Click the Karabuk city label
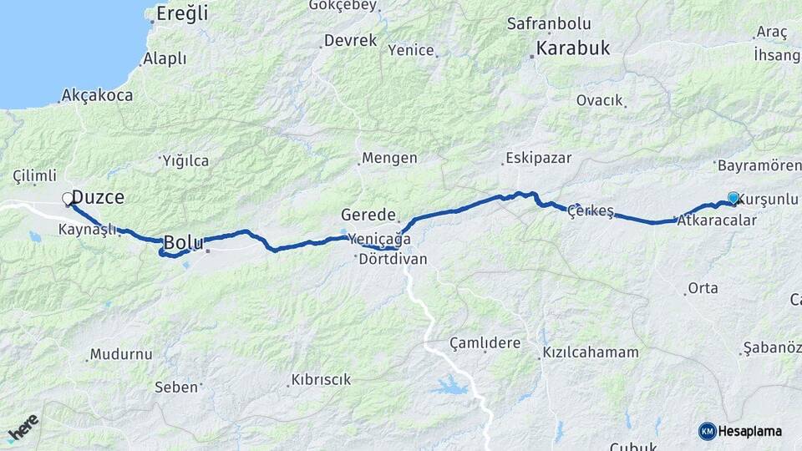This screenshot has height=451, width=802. pos(573,48)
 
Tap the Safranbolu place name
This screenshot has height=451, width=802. pos(548,24)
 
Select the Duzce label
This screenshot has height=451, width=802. pos(98,198)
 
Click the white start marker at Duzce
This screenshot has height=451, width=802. pos(67,199)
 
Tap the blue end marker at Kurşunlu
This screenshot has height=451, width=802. pos(733,198)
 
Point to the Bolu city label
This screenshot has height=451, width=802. pos(183,242)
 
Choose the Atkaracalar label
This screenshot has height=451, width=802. pos(718,220)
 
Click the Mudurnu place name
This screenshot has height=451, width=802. pos(121,354)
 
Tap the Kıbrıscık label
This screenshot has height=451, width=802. pos(321,379)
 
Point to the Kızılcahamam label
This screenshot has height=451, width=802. pos(591,352)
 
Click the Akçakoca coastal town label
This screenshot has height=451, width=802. pos(97,95)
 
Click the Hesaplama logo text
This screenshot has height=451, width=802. pos(750,431)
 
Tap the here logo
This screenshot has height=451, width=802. pos(23,428)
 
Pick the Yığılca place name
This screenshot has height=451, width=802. pos(185,160)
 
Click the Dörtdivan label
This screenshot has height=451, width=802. pos(393,260)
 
